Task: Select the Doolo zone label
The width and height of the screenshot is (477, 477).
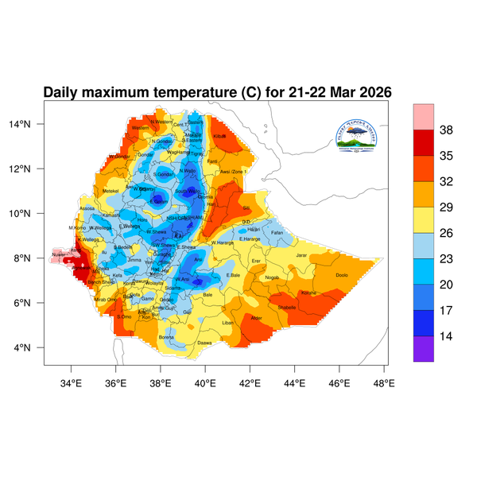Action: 343,275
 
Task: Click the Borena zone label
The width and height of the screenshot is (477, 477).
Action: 166,337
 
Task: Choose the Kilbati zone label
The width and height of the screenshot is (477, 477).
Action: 220,137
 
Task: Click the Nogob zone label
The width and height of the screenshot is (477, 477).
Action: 272,277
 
